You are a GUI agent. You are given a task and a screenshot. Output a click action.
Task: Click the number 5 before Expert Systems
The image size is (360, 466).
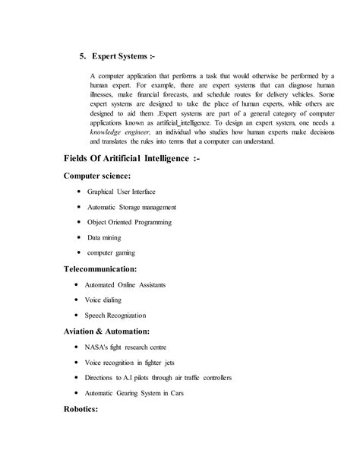coord(83,57)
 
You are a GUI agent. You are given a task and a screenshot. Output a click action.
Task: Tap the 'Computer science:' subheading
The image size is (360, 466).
coord(98,176)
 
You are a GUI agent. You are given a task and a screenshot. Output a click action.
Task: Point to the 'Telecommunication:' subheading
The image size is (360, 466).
coord(101,268)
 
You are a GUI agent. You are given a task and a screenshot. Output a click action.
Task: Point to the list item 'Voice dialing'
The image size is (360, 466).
coord(109,300)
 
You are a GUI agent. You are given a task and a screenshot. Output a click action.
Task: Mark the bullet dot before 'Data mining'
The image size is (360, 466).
coord(80,237)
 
